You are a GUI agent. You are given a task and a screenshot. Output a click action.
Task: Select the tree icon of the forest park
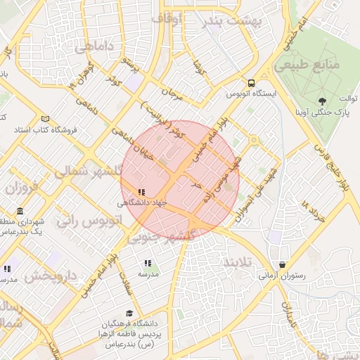[x=322, y=101]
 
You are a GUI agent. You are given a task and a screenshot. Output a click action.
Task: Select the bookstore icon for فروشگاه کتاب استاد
[x=46, y=119]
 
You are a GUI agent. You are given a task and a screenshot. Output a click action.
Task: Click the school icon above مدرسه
[x=148, y=264]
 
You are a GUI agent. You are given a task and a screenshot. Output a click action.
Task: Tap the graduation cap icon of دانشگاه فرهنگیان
[x=129, y=313]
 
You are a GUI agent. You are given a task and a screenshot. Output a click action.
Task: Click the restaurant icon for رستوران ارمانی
[x=283, y=265]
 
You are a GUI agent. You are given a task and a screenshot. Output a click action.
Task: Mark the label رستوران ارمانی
[x=282, y=276]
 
